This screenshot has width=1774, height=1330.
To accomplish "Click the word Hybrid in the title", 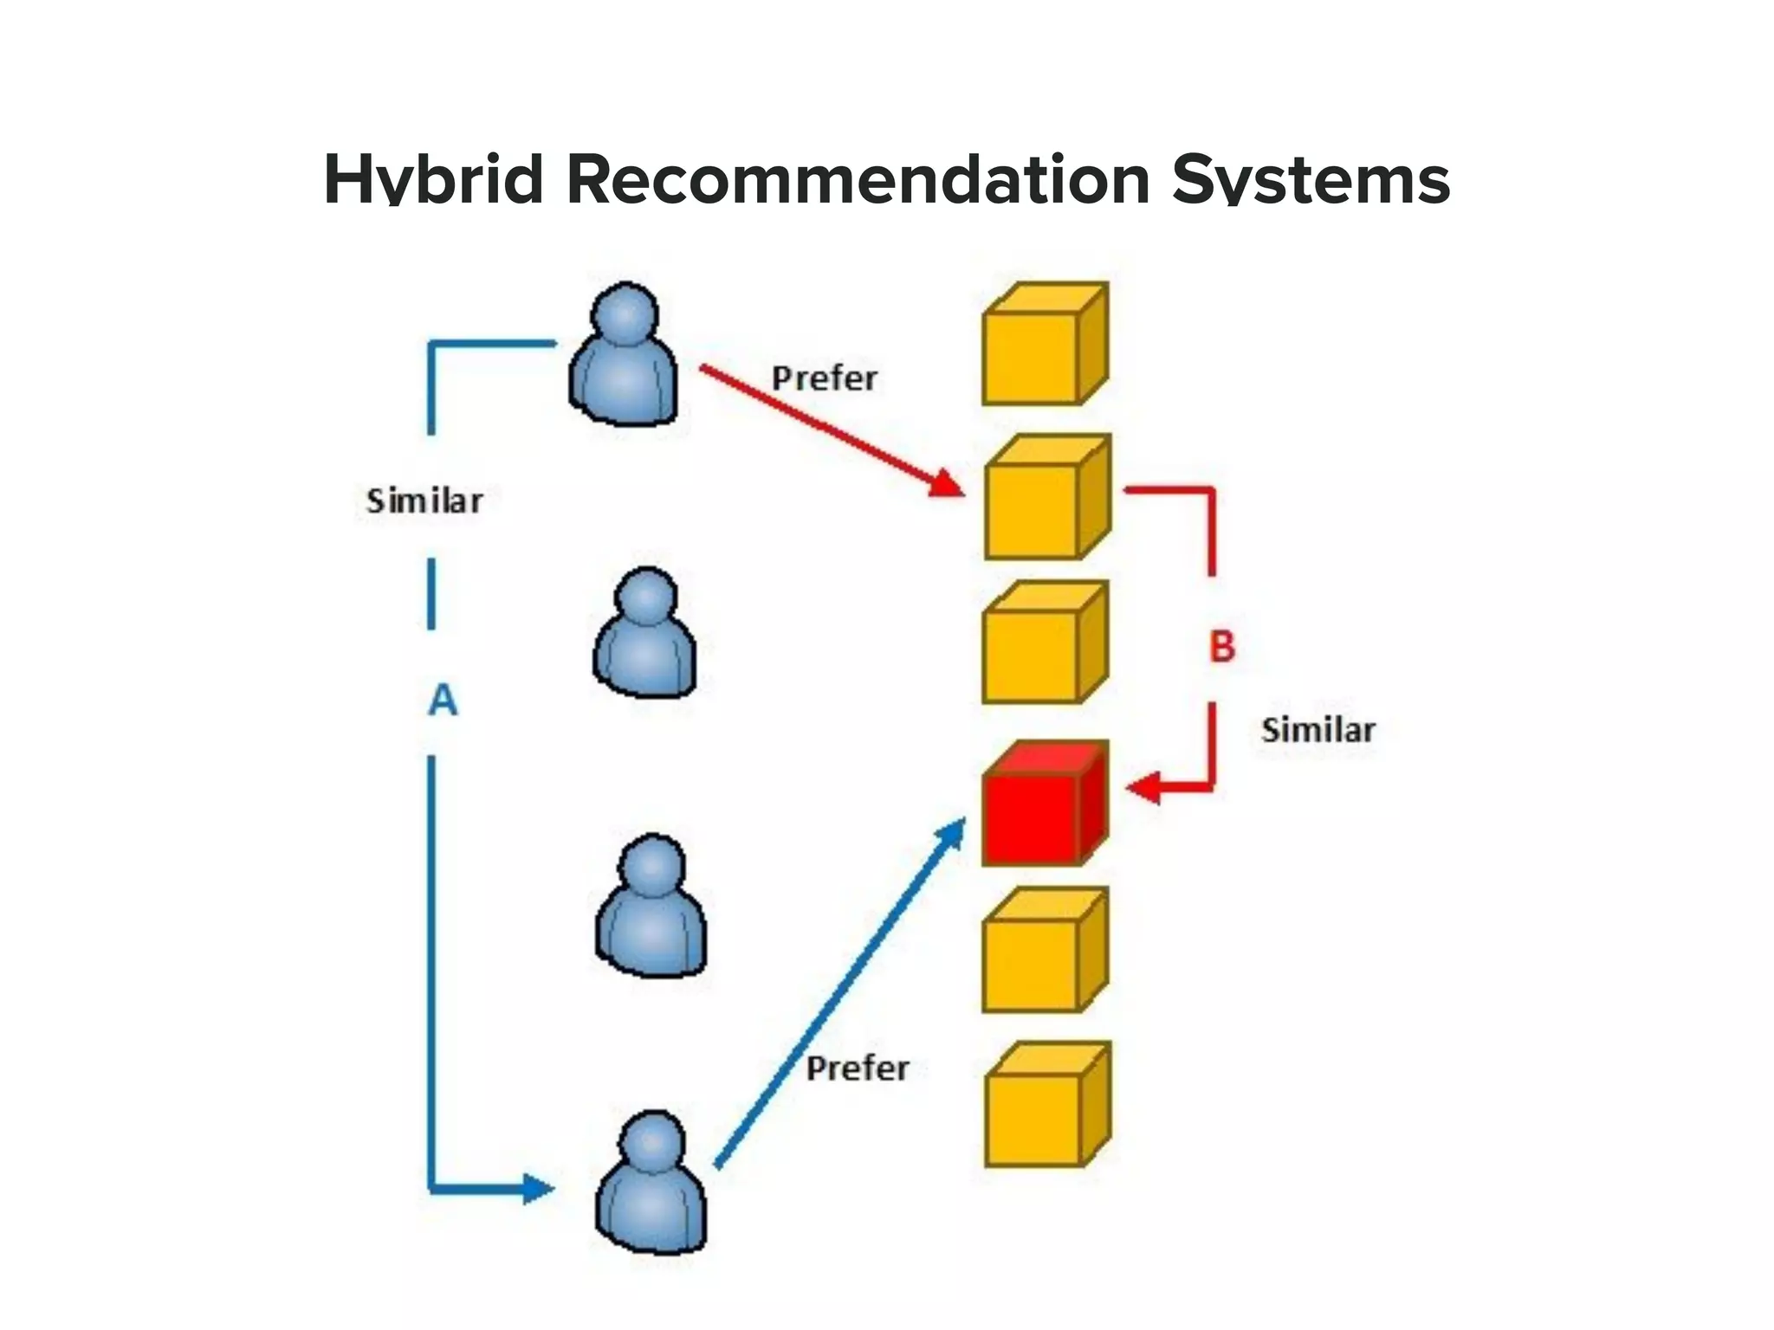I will pos(432,179).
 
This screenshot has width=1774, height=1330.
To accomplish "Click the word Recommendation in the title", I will pos(858,179).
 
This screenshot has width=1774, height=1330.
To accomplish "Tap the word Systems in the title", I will pos(1311,179).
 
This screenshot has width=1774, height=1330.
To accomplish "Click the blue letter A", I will pos(443,699).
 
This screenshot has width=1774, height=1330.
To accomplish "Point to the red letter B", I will pos(1221,646).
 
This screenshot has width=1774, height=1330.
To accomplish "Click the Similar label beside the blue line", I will pos(424,500).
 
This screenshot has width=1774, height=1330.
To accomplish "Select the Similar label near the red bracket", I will pos(1318,730).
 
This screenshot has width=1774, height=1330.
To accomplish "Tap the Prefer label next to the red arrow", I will pos(824,378).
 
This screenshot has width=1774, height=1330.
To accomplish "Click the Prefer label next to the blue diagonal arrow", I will pos(858,1068).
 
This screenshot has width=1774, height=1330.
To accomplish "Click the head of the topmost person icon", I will pos(625,312).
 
